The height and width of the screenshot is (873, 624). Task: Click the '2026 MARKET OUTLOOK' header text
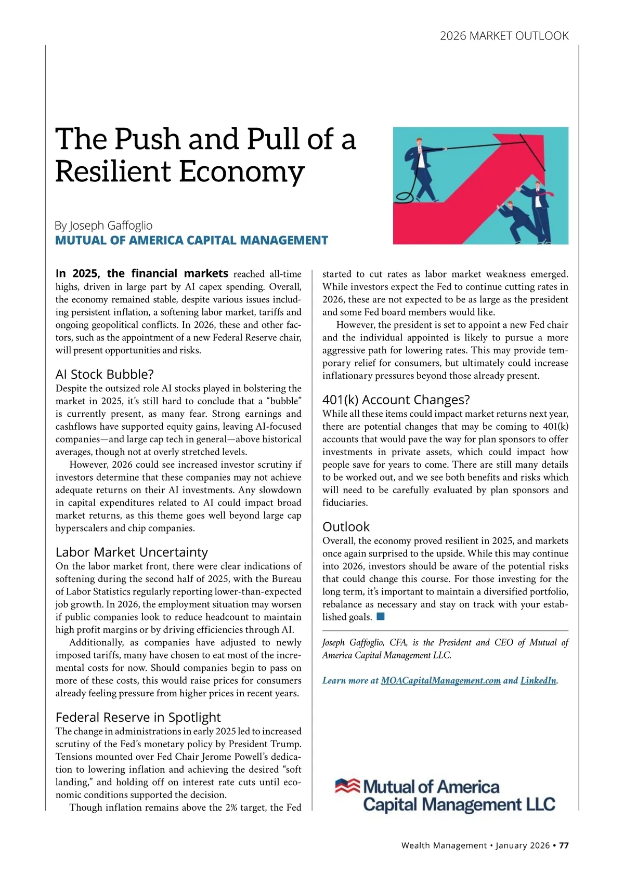[x=504, y=36]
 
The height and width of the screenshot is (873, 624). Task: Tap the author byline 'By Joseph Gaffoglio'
[x=103, y=226]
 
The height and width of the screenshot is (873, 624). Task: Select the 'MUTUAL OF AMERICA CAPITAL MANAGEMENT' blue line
[x=191, y=241]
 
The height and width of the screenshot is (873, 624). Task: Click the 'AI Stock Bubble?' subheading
[x=105, y=374]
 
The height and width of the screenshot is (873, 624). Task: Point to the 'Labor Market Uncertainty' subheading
[x=132, y=552]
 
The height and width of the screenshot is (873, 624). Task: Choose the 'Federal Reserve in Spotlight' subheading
[x=138, y=717]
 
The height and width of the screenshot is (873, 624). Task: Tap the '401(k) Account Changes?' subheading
[x=396, y=400]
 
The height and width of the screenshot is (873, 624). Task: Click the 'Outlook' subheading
[x=346, y=526]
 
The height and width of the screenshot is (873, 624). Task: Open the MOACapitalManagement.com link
[x=440, y=681]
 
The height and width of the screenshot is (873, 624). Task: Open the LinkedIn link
[x=538, y=681]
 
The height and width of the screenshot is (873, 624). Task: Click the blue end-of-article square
[x=380, y=617]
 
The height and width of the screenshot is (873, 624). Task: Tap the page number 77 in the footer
[x=564, y=845]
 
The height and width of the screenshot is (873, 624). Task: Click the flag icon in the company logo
[x=347, y=786]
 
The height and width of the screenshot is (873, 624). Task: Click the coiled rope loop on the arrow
[x=405, y=196]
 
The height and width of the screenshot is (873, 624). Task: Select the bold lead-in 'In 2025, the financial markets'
[x=141, y=274]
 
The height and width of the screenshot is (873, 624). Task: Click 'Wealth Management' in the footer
[x=444, y=845]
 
